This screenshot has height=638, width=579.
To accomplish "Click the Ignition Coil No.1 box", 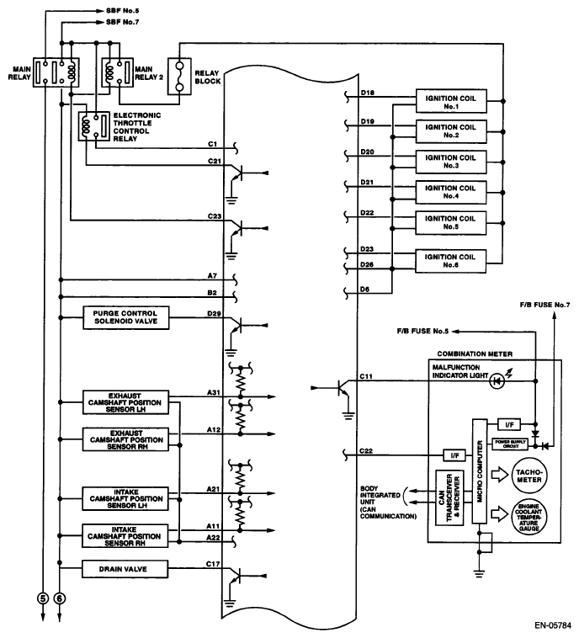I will coord(450,101).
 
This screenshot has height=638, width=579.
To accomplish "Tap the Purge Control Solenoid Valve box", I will coord(126,318).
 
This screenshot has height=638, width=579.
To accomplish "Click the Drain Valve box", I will coord(126,571).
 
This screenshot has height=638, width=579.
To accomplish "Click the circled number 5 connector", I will coord(42,598).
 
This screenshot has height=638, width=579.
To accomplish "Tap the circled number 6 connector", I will coord(60,598).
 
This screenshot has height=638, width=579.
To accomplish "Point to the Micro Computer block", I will coord(481,469).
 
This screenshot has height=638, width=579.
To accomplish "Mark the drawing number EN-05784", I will coord(550,626).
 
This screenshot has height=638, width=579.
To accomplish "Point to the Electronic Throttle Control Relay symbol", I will coord(88,126).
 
